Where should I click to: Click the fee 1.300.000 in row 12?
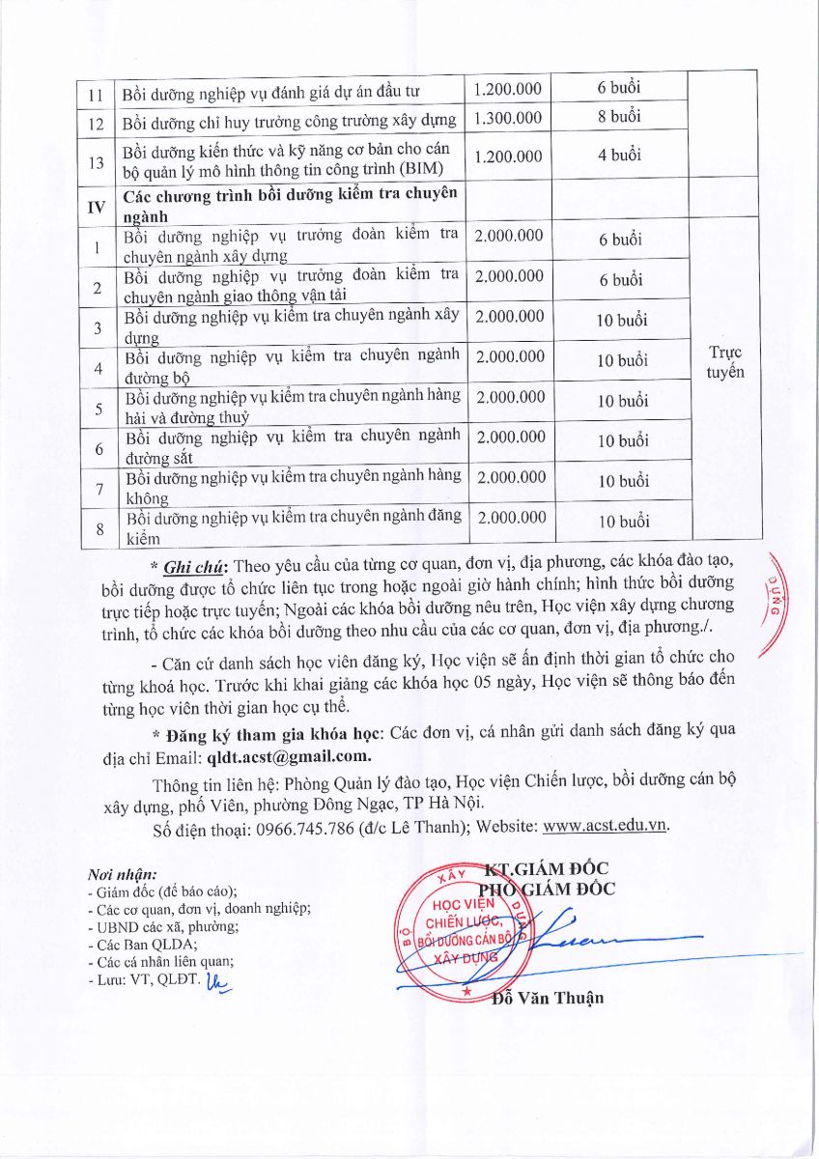[x=508, y=119]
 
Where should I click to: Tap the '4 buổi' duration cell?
[x=618, y=155]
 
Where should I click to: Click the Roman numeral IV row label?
[x=96, y=205]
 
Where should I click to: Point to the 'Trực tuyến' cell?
[x=724, y=361]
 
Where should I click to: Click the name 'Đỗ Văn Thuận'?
[x=548, y=997]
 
